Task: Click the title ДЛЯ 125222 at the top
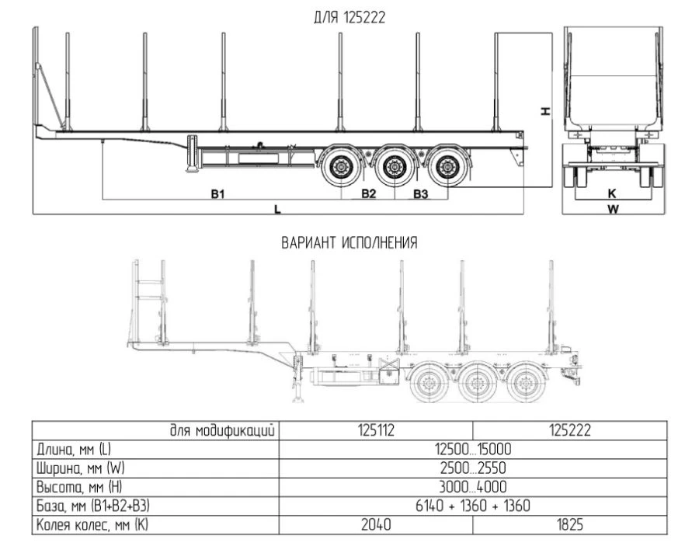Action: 349,17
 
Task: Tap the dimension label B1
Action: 218,193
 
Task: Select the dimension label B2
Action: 368,193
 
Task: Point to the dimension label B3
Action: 420,193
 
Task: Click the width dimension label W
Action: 612,209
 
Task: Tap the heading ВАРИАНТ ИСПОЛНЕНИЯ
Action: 349,243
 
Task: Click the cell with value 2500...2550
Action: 472,468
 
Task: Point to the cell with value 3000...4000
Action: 472,488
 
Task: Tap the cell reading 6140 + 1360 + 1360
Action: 472,506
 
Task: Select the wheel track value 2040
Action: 375,525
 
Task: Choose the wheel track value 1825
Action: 569,525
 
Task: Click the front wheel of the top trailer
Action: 340,167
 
